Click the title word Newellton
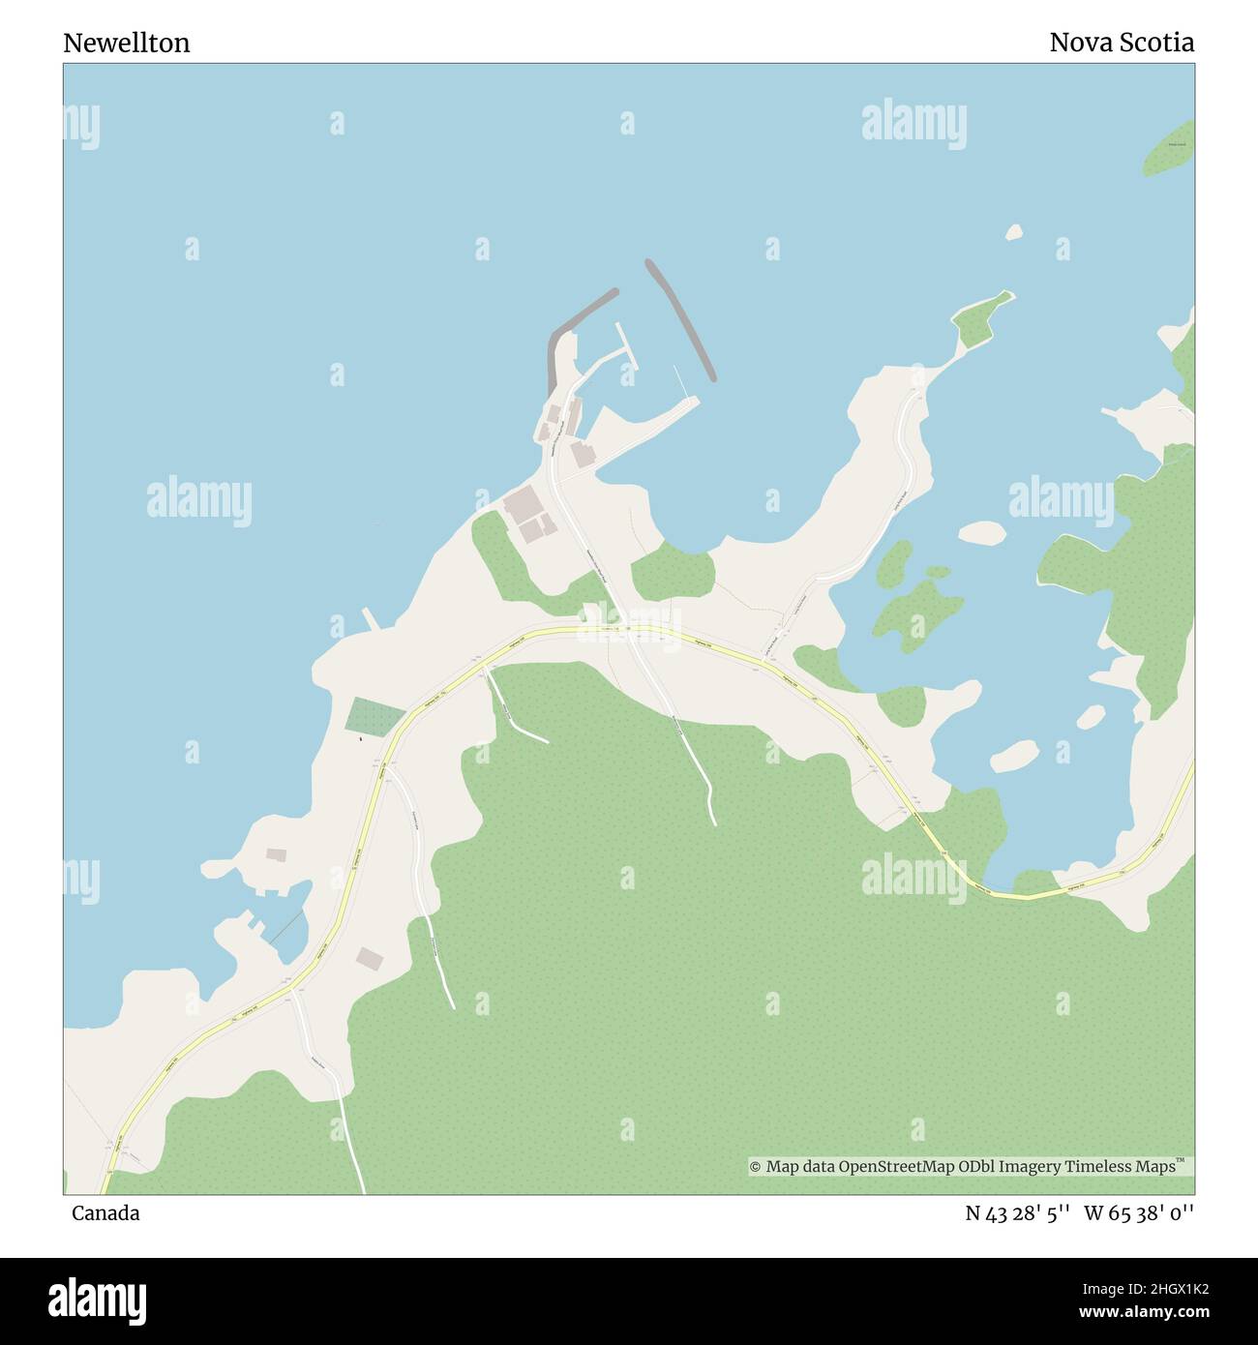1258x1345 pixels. click(x=127, y=43)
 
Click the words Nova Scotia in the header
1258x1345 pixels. click(x=1121, y=43)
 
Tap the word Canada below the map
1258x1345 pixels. click(x=105, y=1213)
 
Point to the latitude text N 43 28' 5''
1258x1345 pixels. click(x=1017, y=1213)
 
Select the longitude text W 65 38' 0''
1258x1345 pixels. click(x=1139, y=1213)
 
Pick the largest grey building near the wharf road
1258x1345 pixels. click(x=524, y=504)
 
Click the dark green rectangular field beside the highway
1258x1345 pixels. click(x=375, y=716)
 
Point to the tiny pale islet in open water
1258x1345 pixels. click(x=1014, y=232)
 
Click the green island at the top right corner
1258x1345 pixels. click(x=1170, y=149)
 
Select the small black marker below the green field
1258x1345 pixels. click(x=361, y=740)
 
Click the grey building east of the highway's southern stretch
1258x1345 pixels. click(x=370, y=959)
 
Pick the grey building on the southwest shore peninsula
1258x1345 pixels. click(x=277, y=854)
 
